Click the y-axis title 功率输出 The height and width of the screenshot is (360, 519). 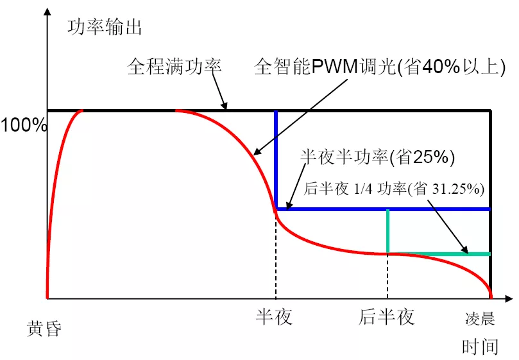105,27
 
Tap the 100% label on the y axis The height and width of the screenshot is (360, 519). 24,125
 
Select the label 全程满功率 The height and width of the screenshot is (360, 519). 174,66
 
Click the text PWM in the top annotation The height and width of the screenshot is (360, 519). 334,67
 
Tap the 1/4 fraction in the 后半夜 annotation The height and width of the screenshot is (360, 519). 363,189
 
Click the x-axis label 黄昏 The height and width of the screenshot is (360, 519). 44,329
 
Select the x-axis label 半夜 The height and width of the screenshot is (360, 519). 274,316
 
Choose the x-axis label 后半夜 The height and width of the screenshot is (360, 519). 386,316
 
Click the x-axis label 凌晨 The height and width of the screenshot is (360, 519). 480,319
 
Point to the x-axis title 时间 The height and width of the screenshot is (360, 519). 480,347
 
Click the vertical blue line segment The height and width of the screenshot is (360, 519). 276,160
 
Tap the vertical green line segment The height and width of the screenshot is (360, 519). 387,232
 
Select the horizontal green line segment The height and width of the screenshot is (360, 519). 439,254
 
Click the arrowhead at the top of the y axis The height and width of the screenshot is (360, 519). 47,12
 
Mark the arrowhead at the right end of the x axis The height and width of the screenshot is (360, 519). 509,299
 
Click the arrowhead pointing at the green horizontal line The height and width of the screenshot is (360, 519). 464,250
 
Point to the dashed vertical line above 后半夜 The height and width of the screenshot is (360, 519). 387,277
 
